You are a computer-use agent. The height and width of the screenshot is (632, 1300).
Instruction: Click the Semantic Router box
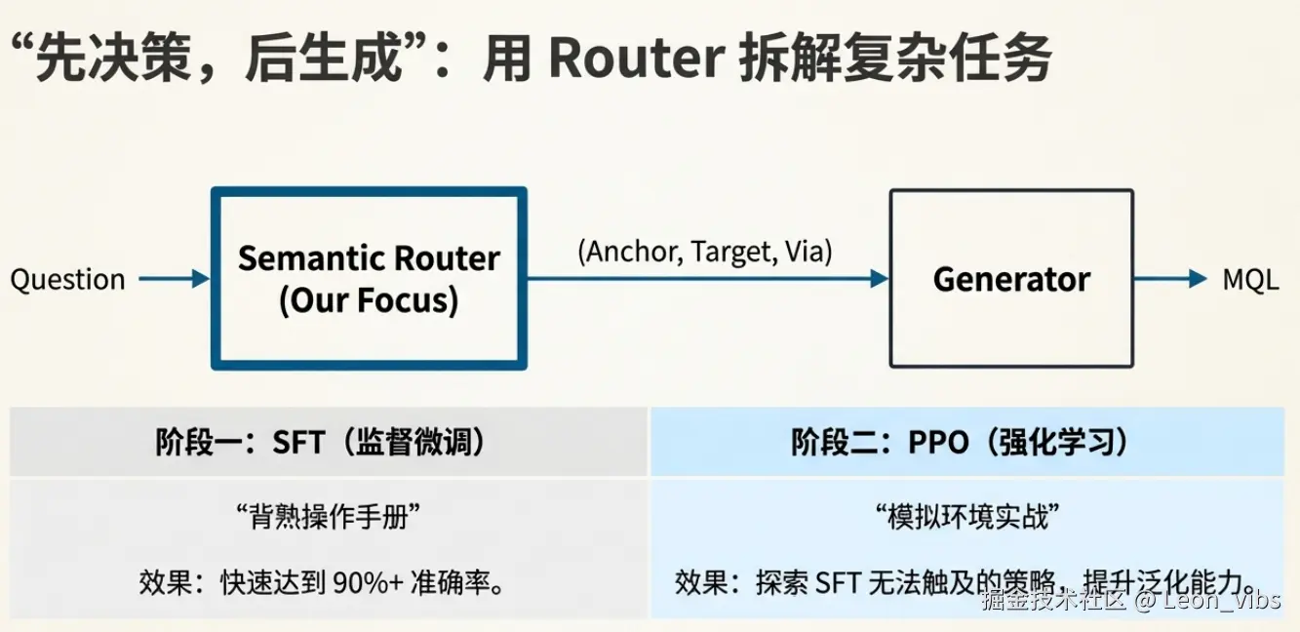pyautogui.click(x=369, y=279)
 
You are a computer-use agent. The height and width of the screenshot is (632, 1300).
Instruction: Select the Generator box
pyautogui.click(x=1011, y=279)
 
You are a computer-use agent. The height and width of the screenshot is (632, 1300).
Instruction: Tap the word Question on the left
pyautogui.click(x=67, y=280)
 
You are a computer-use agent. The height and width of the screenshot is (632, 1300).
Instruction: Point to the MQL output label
pyautogui.click(x=1250, y=280)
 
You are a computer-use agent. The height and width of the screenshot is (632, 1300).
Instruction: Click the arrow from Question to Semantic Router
pyautogui.click(x=174, y=280)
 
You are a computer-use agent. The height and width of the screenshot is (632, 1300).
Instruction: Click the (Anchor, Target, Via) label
pyautogui.click(x=705, y=252)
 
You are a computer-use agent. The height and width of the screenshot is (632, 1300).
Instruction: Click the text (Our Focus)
pyautogui.click(x=369, y=300)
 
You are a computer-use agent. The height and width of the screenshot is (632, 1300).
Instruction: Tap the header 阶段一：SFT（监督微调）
pyautogui.click(x=321, y=443)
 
